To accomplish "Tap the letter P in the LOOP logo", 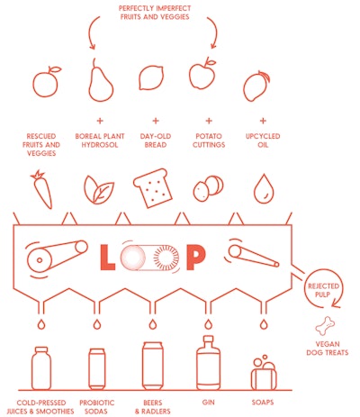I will point(197,258).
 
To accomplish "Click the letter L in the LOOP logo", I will point(104,258).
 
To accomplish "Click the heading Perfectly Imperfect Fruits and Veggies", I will point(154,13).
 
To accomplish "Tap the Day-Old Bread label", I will point(155,141).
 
